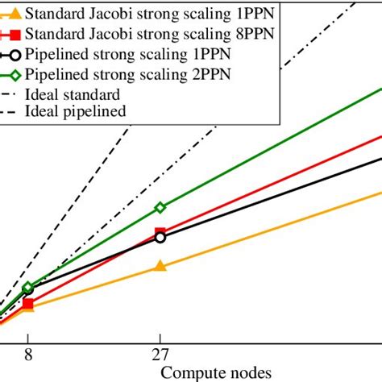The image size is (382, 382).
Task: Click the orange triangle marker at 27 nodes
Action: coord(160,266)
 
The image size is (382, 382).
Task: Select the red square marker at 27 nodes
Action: coord(160,233)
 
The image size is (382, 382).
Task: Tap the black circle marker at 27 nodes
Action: coord(160,238)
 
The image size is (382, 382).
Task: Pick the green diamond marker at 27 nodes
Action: coord(160,207)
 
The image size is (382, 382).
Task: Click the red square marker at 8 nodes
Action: coord(28,304)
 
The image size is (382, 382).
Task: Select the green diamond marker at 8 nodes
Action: coord(28,287)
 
